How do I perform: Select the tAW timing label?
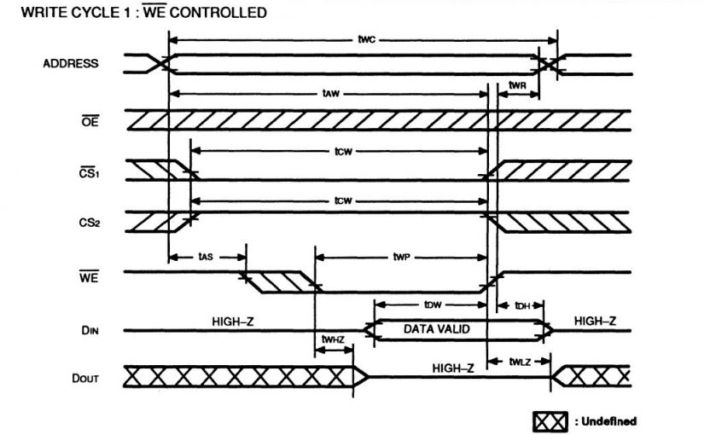pos(329,92)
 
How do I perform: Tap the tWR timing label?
pos(517,86)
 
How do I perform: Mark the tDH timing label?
pos(521,305)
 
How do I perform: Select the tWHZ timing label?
pos(333,339)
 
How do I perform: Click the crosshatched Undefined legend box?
pos(550,421)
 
